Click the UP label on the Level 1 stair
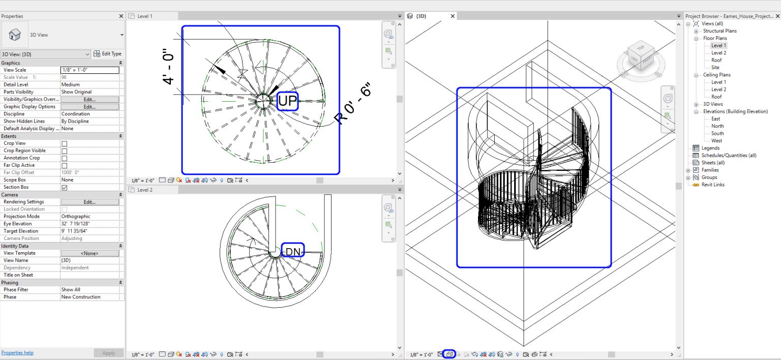pos(287,101)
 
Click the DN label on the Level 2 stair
pos(292,251)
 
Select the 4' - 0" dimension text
pos(169,66)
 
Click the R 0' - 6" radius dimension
pos(353,105)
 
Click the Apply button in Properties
pos(108,353)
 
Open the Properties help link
pos(17,353)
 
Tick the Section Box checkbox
pos(65,187)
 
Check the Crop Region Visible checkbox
pos(65,151)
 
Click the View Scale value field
pos(89,70)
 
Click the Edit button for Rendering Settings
pos(89,202)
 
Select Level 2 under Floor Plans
pos(718,53)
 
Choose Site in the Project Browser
pos(715,68)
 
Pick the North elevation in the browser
pos(717,126)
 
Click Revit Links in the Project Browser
pos(712,185)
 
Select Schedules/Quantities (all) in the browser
pos(729,156)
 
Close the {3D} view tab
pos(453,16)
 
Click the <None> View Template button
pos(89,253)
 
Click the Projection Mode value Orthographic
pos(76,217)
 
